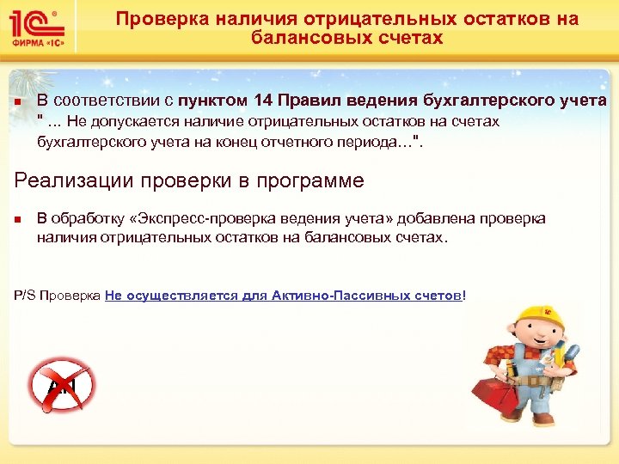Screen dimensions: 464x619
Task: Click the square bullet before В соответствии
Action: (18, 102)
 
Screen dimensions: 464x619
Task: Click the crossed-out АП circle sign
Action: (61, 386)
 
